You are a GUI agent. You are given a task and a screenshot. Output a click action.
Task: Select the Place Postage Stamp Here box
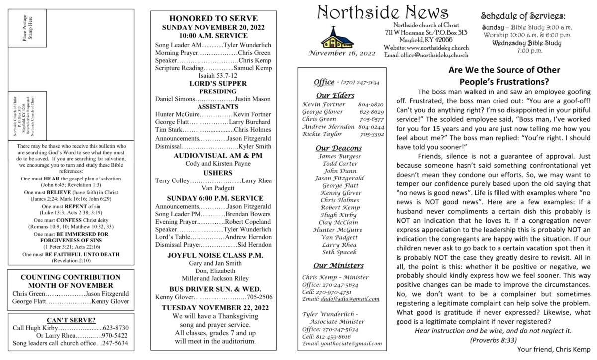click(29, 29)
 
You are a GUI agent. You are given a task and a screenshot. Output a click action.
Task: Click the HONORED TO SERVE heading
click(213, 17)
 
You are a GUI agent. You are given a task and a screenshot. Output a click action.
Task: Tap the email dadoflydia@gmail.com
click(341, 299)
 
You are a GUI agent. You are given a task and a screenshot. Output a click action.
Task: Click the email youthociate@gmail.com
click(342, 344)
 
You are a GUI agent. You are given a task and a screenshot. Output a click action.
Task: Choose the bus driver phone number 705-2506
click(259, 297)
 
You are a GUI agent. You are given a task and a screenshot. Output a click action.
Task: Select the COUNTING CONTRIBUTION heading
click(71, 277)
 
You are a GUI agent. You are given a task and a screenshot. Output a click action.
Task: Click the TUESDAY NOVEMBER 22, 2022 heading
click(213, 307)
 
